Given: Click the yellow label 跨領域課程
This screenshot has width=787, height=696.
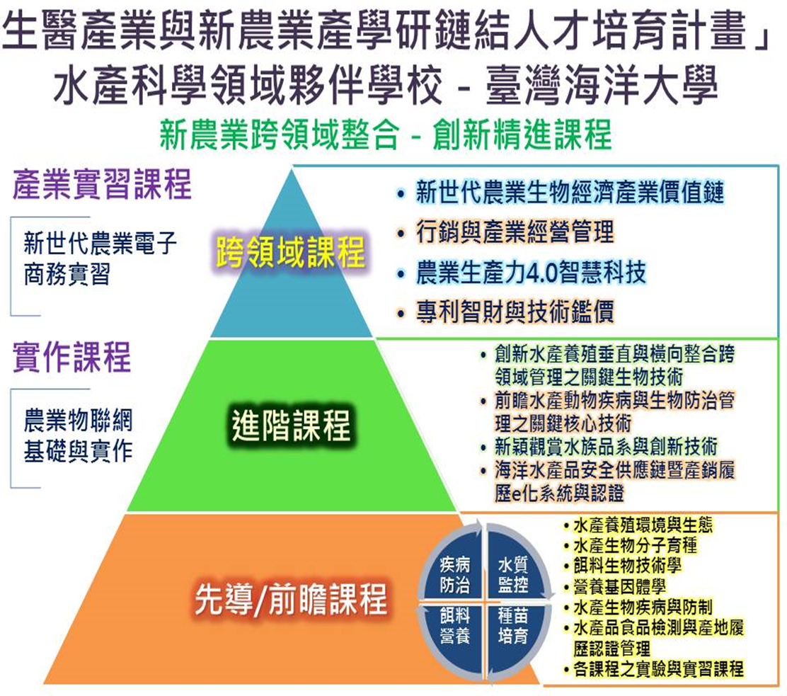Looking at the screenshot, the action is click(x=291, y=252).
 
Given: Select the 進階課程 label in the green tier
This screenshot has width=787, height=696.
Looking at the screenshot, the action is click(x=291, y=425).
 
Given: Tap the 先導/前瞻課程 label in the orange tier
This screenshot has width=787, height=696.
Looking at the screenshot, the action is click(x=291, y=599).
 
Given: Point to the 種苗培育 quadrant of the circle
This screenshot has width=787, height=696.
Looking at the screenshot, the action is click(x=513, y=626).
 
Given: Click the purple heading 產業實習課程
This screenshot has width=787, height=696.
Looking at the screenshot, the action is click(x=102, y=184).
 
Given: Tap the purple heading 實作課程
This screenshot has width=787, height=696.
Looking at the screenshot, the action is click(x=71, y=357).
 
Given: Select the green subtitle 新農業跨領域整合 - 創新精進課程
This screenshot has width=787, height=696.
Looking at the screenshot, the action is click(x=386, y=134).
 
